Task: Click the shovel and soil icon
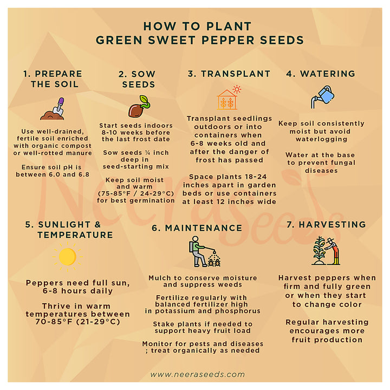click(53, 109)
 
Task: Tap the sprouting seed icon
click(139, 107)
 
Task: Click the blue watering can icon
click(322, 97)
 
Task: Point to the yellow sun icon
click(67, 257)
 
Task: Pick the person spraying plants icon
click(204, 251)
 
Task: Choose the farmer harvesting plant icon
click(326, 251)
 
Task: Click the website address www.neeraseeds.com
click(198, 374)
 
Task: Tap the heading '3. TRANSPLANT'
click(229, 74)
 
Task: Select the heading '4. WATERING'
click(321, 74)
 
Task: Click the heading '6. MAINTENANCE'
click(197, 228)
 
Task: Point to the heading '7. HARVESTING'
click(326, 225)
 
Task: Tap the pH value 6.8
click(84, 174)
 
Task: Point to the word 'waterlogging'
click(321, 139)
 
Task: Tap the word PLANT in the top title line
click(229, 27)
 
